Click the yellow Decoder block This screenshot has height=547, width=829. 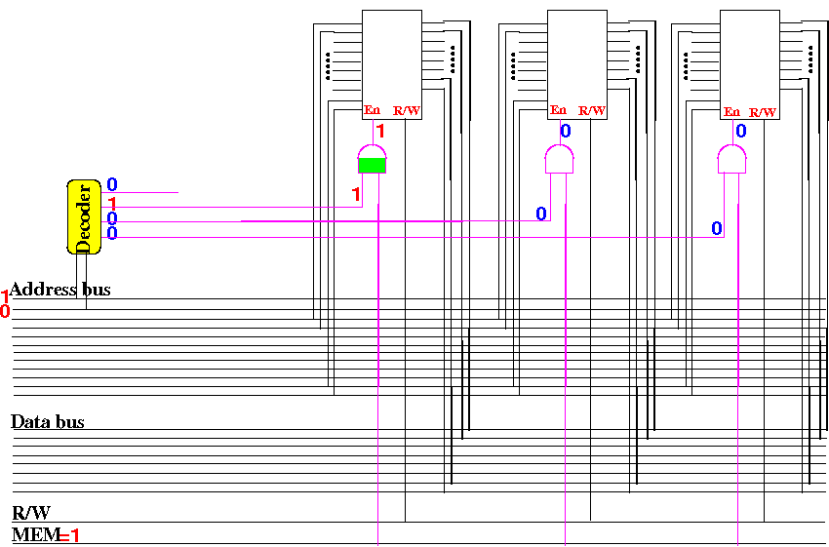[84, 215]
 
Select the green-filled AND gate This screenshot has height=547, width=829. [372, 158]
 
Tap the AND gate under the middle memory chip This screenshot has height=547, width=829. [558, 158]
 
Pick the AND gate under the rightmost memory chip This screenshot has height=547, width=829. [731, 158]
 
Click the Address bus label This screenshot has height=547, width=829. [60, 290]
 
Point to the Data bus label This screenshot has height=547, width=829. [48, 422]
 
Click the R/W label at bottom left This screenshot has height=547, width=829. [31, 513]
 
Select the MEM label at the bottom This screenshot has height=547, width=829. [34, 534]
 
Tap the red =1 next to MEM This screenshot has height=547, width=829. [69, 534]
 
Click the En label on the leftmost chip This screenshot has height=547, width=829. [372, 110]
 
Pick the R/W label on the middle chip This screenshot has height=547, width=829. [592, 110]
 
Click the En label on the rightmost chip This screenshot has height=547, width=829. [731, 111]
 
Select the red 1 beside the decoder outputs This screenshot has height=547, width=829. [113, 203]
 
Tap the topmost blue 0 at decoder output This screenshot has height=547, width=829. [112, 184]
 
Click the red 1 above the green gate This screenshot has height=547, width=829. [380, 131]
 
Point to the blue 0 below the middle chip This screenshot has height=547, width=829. [565, 131]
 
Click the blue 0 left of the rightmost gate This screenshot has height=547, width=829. [717, 228]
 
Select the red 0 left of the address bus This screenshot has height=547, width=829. [5, 311]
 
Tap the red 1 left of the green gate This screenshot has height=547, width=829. [356, 194]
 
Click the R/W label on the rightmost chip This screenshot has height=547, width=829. [764, 111]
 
